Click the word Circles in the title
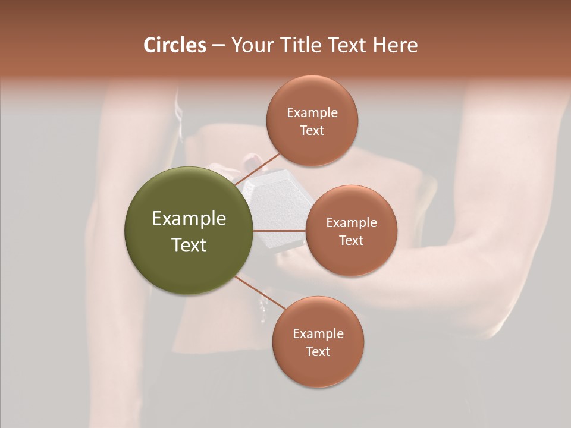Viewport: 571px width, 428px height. pyautogui.click(x=175, y=45)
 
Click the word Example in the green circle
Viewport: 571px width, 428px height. pyautogui.click(x=189, y=219)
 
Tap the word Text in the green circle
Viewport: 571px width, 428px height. pyautogui.click(x=189, y=245)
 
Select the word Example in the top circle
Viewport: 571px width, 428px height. pyautogui.click(x=312, y=112)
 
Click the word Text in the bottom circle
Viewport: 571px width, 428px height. pyautogui.click(x=318, y=351)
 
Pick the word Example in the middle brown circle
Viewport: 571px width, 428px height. pyautogui.click(x=352, y=222)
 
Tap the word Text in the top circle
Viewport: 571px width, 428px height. pyautogui.click(x=312, y=130)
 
